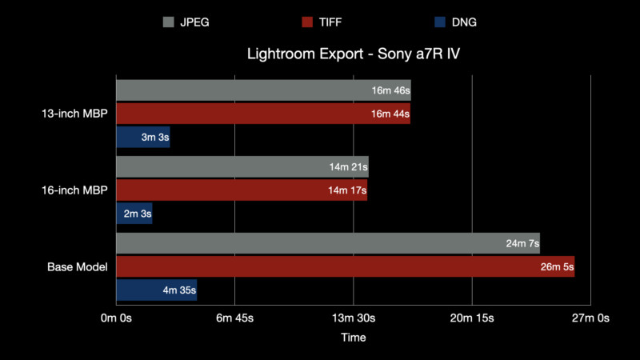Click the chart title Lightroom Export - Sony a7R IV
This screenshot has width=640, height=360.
pos(353,55)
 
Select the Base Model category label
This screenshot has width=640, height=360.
pos(78,266)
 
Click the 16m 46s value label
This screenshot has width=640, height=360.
pos(390,90)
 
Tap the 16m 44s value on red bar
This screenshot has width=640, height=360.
pos(390,114)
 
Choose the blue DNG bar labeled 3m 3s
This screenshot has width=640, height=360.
pos(142,137)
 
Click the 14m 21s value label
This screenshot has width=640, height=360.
pos(348,167)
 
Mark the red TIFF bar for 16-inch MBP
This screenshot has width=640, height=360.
pos(240,190)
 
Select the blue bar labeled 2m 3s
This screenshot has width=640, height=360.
pos(134,214)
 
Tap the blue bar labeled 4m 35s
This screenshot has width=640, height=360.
pos(156,290)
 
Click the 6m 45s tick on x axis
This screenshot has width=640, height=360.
pos(234,318)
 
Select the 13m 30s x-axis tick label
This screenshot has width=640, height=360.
pos(353,318)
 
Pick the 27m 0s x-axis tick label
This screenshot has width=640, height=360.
pos(590,318)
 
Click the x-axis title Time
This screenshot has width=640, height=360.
pos(353,338)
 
